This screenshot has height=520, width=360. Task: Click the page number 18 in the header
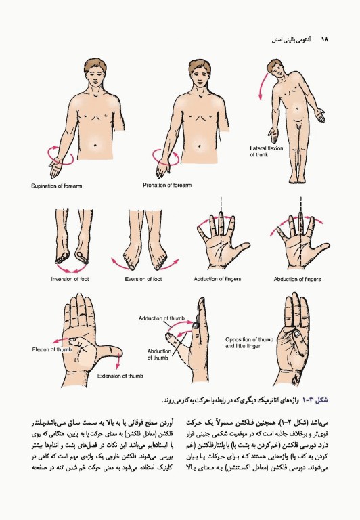click(x=324, y=40)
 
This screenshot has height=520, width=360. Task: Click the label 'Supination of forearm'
click(x=56, y=186)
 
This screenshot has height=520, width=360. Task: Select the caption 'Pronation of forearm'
click(x=167, y=185)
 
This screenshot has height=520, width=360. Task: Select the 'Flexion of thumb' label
click(x=51, y=349)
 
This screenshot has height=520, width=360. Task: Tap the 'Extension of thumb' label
click(x=120, y=376)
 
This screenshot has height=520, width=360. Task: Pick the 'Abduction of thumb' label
click(x=159, y=354)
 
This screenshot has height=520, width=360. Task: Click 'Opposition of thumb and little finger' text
click(x=250, y=342)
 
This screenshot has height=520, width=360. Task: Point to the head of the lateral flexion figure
click(x=275, y=69)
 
